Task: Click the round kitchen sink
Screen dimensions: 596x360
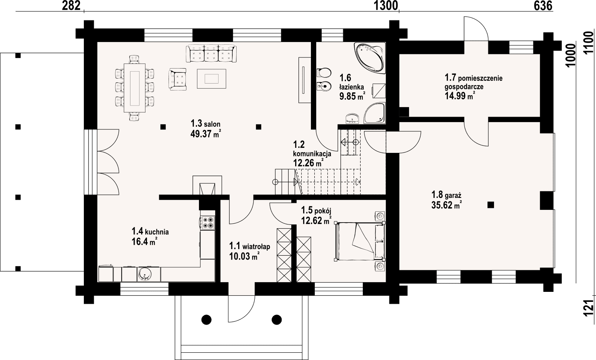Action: [145, 274]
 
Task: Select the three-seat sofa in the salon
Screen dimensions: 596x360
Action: [211, 54]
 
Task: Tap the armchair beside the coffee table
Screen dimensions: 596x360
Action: [177, 79]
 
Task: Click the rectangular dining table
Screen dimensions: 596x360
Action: [135, 88]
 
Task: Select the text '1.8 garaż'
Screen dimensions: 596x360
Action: [446, 195]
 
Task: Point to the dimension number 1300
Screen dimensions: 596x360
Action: [386, 6]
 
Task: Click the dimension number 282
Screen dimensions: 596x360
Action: [71, 6]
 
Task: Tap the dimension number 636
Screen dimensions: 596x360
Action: [543, 6]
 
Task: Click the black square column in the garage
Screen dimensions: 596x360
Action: [491, 205]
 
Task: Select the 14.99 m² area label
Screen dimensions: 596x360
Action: [460, 95]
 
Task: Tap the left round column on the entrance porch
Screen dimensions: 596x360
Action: [207, 319]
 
